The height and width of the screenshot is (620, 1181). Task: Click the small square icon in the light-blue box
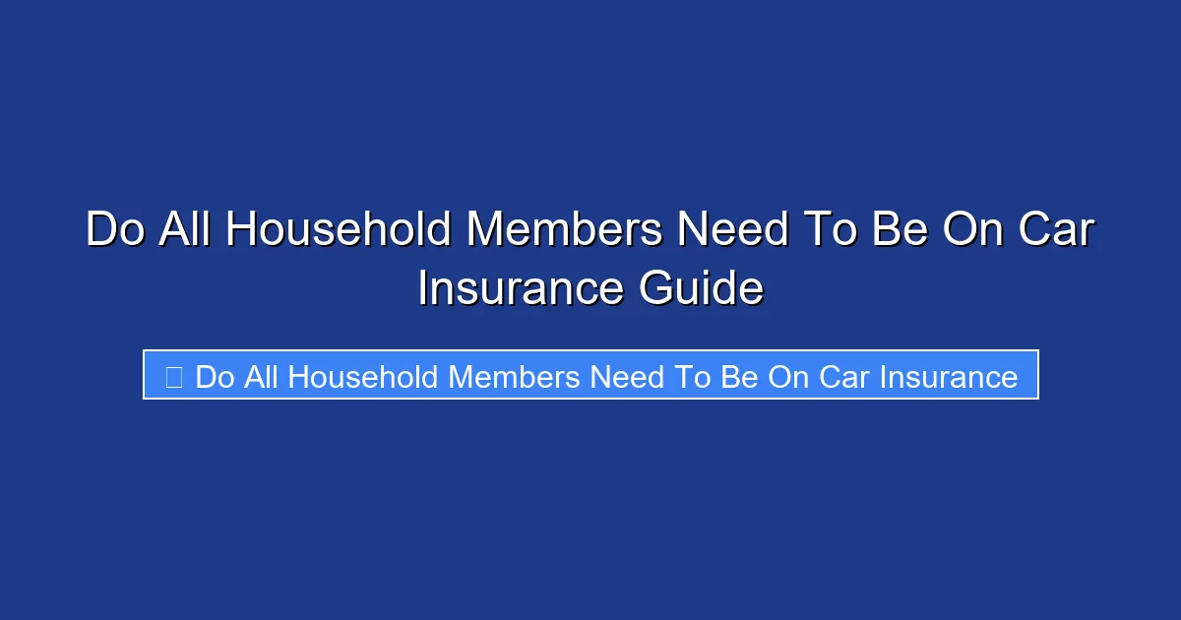(173, 376)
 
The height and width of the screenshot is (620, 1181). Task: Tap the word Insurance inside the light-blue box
(949, 376)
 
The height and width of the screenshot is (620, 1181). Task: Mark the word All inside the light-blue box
(260, 376)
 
